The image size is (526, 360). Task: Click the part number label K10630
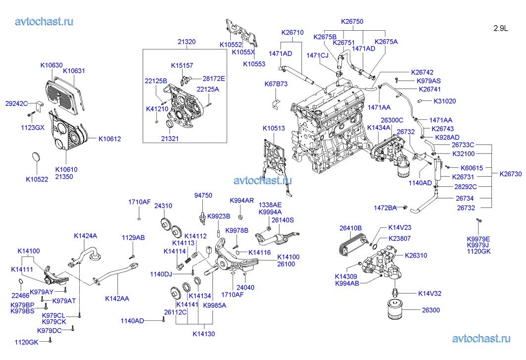click(51, 65)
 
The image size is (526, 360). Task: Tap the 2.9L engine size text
click(500, 29)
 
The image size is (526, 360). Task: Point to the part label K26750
click(352, 22)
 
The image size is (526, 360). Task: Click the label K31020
click(444, 101)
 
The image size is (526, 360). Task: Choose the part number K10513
click(274, 129)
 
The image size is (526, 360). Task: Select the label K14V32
click(430, 293)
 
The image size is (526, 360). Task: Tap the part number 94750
click(203, 196)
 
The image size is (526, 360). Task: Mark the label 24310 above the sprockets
click(163, 206)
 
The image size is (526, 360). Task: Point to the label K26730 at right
click(510, 174)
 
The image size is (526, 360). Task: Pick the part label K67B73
click(276, 84)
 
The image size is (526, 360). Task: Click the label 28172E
click(214, 78)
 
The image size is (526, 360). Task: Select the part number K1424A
click(86, 236)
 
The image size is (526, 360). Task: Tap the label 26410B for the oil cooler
click(350, 228)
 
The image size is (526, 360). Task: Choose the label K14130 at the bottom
click(204, 334)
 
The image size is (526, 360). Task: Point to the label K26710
click(292, 33)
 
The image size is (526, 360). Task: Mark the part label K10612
click(109, 139)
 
